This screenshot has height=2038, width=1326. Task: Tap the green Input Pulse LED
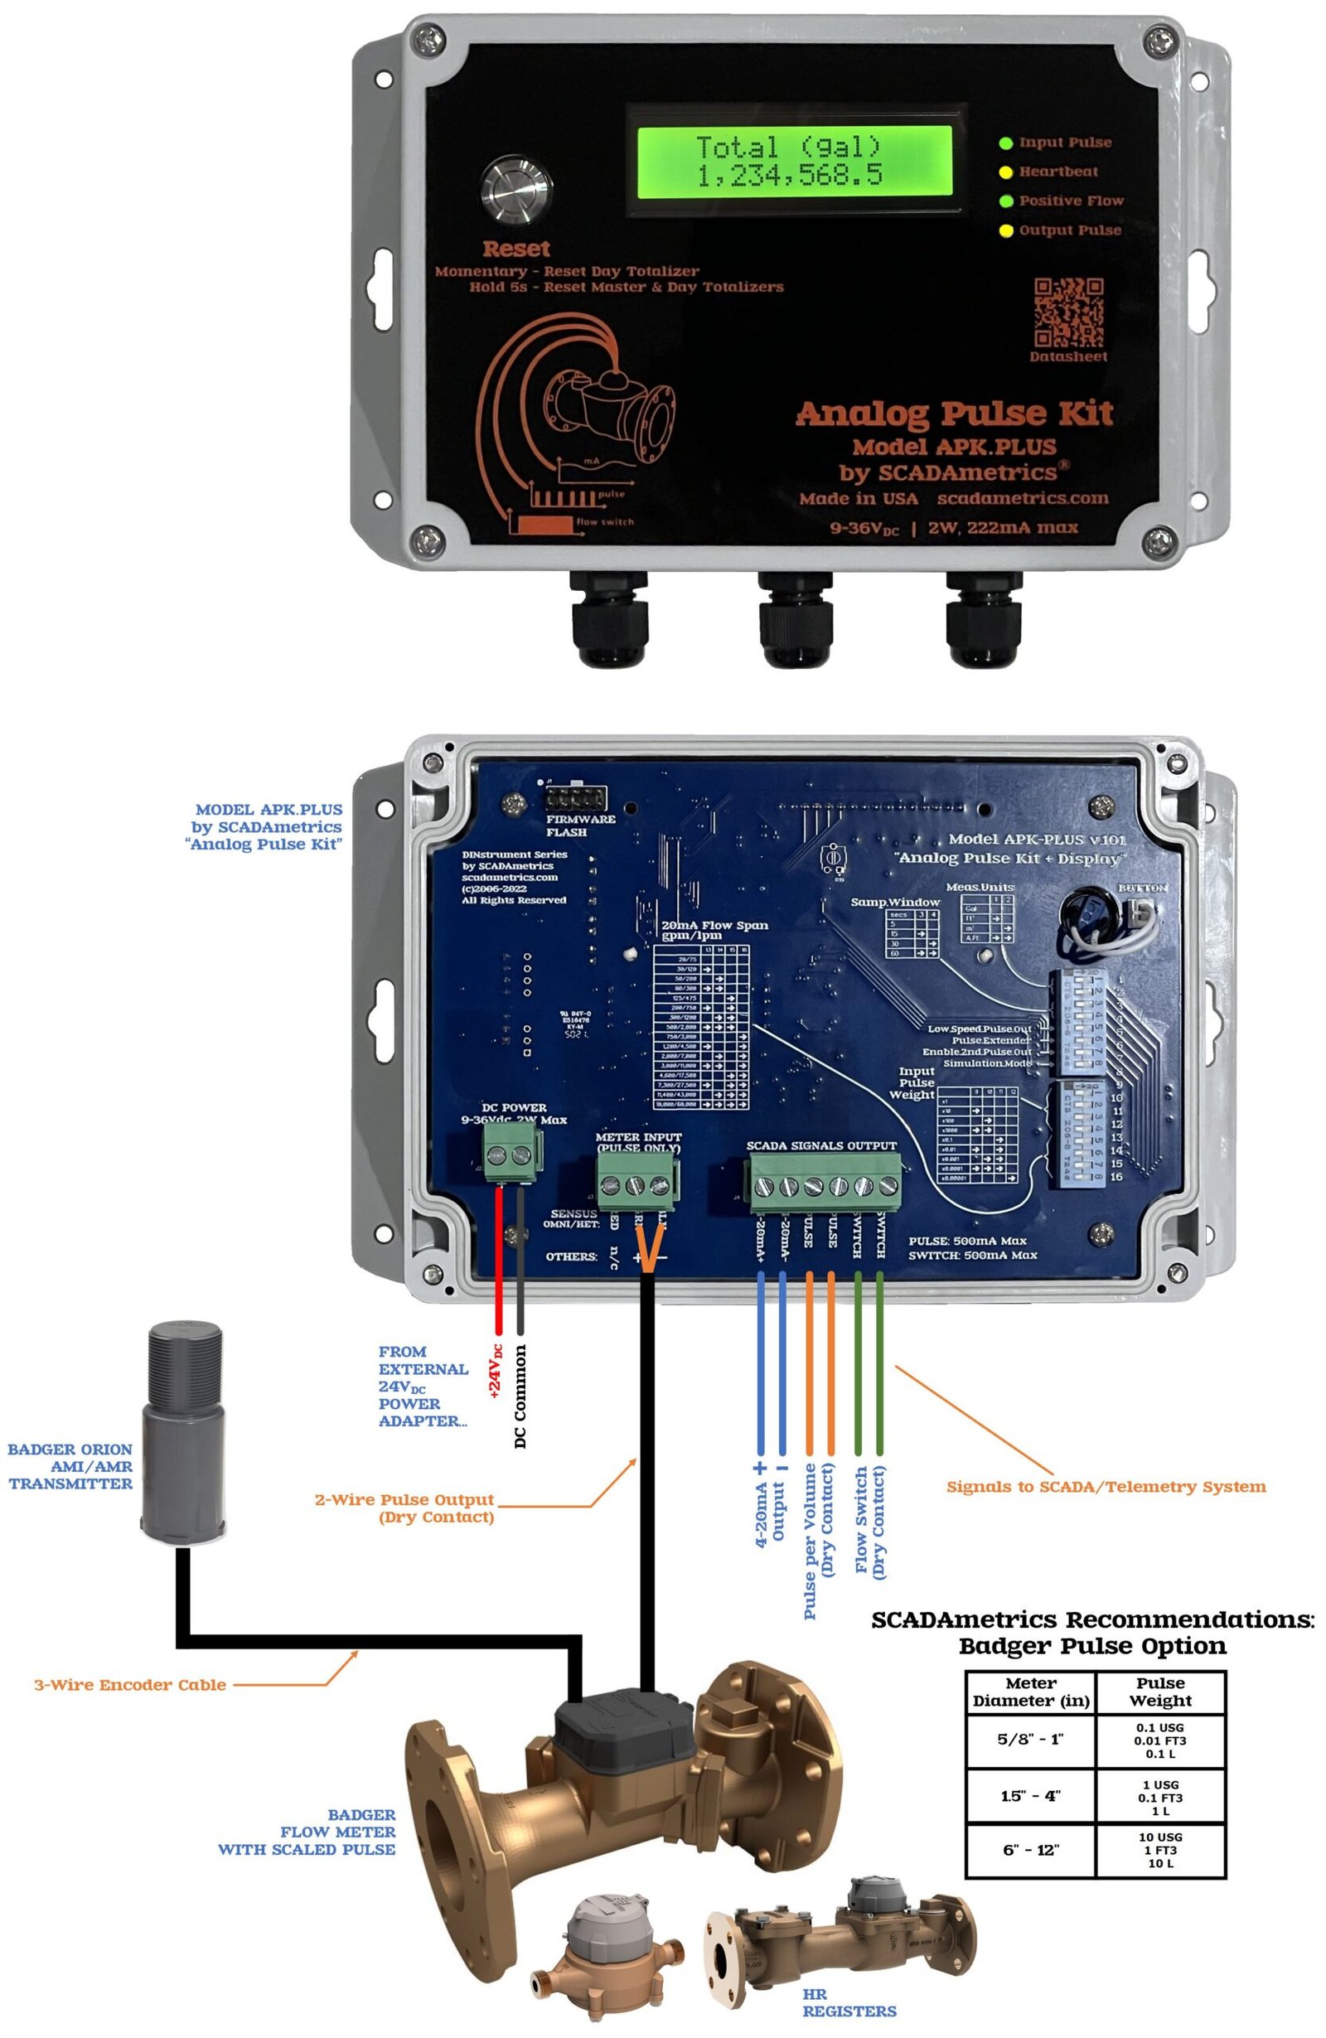[x=1007, y=143]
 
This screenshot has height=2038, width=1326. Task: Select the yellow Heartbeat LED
[x=1007, y=172]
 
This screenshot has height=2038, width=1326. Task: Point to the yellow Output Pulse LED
[x=1007, y=230]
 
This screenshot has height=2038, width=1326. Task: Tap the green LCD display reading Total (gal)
[x=788, y=161]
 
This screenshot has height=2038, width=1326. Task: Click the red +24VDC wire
[x=499, y=1259]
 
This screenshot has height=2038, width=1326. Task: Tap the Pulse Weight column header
[x=1160, y=1692]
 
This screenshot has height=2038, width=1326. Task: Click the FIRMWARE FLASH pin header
[x=576, y=800]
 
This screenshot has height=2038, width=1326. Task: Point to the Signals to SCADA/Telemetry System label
[x=1106, y=1487]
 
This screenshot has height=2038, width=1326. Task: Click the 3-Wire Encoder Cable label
[x=130, y=1685]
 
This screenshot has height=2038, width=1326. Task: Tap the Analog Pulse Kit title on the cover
[x=954, y=414]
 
